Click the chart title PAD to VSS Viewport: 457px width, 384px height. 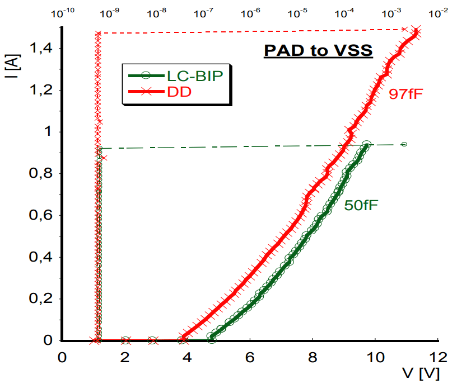pos(318,51)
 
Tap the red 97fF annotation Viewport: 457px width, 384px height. pos(405,94)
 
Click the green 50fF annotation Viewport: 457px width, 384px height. pos(361,206)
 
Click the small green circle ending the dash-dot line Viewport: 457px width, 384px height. pos(404,144)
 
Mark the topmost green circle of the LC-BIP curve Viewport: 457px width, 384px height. pos(366,145)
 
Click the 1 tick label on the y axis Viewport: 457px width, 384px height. pos(48,132)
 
